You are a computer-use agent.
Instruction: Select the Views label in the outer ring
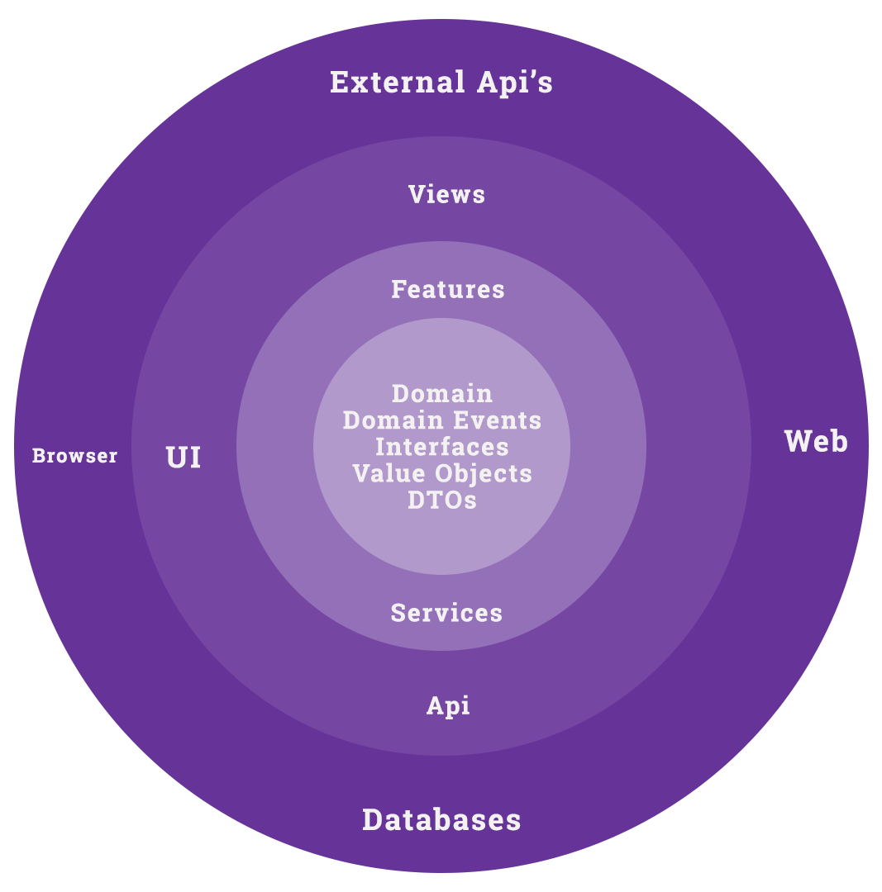[446, 194]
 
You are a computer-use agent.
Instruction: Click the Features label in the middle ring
[447, 289]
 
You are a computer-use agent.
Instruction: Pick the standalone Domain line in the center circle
[442, 393]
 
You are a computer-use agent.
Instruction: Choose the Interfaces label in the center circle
[442, 447]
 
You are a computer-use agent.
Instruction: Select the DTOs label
[442, 500]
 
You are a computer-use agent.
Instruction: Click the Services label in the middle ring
[446, 613]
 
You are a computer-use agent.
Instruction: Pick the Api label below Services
[448, 706]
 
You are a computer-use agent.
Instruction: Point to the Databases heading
[441, 820]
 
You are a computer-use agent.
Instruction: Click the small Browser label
[74, 456]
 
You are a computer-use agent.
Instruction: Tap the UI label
[184, 458]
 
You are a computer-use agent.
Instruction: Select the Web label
[816, 442]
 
